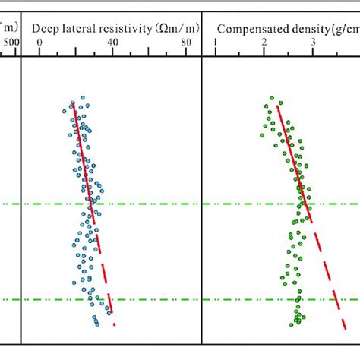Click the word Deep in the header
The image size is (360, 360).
click(45, 29)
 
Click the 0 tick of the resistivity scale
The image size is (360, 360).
click(39, 43)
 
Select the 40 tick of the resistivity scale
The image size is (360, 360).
click(112, 43)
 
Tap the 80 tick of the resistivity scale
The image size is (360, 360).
click(187, 43)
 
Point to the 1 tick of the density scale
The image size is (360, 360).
click(215, 43)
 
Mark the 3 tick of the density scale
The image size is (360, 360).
click(313, 43)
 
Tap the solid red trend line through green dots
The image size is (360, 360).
click(292, 152)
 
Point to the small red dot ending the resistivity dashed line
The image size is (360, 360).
click(114, 324)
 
